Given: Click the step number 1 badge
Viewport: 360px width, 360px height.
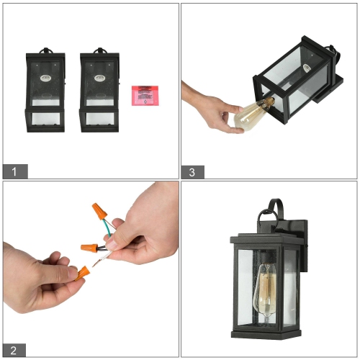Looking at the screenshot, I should (15, 171).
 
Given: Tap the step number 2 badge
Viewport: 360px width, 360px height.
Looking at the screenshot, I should (15, 351).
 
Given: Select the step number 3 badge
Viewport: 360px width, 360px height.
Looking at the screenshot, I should (192, 171).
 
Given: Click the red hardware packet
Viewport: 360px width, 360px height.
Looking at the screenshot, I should (144, 95).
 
